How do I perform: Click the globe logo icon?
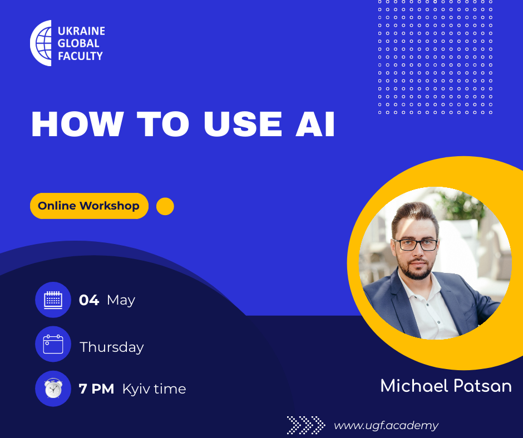41,43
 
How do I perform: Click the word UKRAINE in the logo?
81,31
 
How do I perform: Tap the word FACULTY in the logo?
80,56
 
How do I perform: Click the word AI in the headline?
315,123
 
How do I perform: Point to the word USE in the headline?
243,123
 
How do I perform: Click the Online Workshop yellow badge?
89,206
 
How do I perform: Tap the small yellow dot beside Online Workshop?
165,206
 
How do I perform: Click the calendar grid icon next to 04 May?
53,300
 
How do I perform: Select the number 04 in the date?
89,300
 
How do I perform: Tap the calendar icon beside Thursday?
53,344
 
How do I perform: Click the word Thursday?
112,347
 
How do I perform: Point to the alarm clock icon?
53,389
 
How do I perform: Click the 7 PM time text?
96,389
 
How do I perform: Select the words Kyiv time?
154,389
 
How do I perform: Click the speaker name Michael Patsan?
446,386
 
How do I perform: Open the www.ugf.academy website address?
386,426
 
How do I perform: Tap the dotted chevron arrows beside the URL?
306,425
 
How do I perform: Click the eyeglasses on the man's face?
416,245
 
